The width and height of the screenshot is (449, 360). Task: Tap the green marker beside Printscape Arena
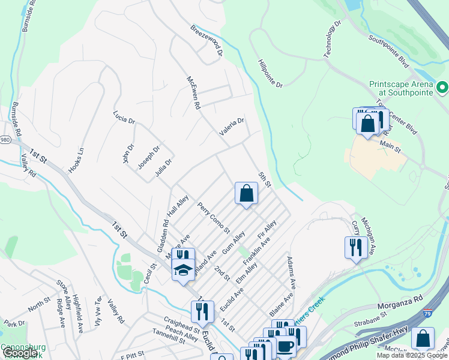pos(443,89)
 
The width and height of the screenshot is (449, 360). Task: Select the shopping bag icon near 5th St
pos(246,194)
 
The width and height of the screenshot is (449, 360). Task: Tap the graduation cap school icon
pos(183,270)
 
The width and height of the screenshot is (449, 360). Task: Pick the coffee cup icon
pos(286,346)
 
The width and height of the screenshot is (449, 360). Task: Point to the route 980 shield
pos(5,139)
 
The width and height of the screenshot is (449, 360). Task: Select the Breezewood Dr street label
pos(207,41)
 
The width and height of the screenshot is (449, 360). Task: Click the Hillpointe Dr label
pos(270,74)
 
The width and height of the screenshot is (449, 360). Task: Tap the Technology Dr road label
pos(332,39)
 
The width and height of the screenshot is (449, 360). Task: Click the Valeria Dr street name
pos(232,127)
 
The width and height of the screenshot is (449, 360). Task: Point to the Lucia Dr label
pos(124,116)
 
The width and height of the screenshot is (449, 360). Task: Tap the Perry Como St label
pos(214,217)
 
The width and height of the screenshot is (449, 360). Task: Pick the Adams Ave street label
pos(292,272)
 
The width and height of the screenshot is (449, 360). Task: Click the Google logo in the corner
pos(20,353)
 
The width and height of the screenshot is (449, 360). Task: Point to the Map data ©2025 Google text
pos(412,355)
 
